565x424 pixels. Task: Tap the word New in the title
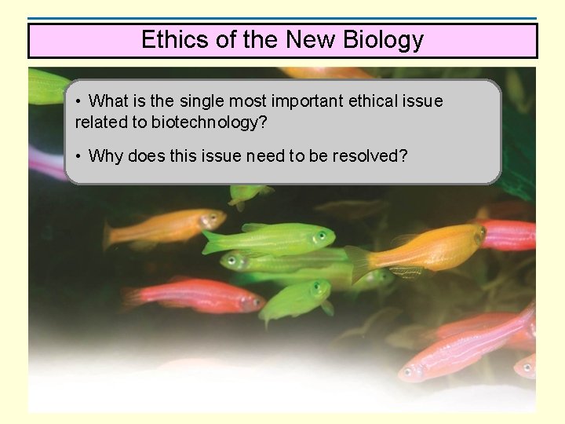(x=308, y=40)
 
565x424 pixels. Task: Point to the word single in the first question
(x=202, y=101)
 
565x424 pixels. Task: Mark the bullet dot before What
(x=79, y=102)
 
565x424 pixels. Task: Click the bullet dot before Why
(x=79, y=156)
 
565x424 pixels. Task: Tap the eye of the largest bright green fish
(x=321, y=236)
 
